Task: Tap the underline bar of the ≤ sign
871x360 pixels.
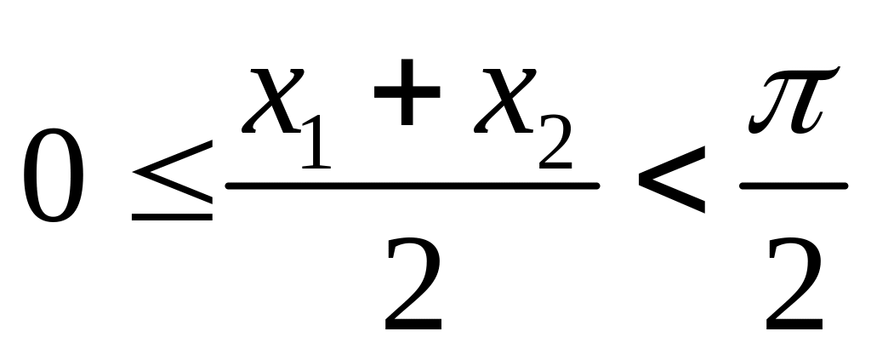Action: [172, 217]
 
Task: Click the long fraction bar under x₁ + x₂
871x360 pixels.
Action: [412, 185]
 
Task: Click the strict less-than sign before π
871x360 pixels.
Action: [671, 179]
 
